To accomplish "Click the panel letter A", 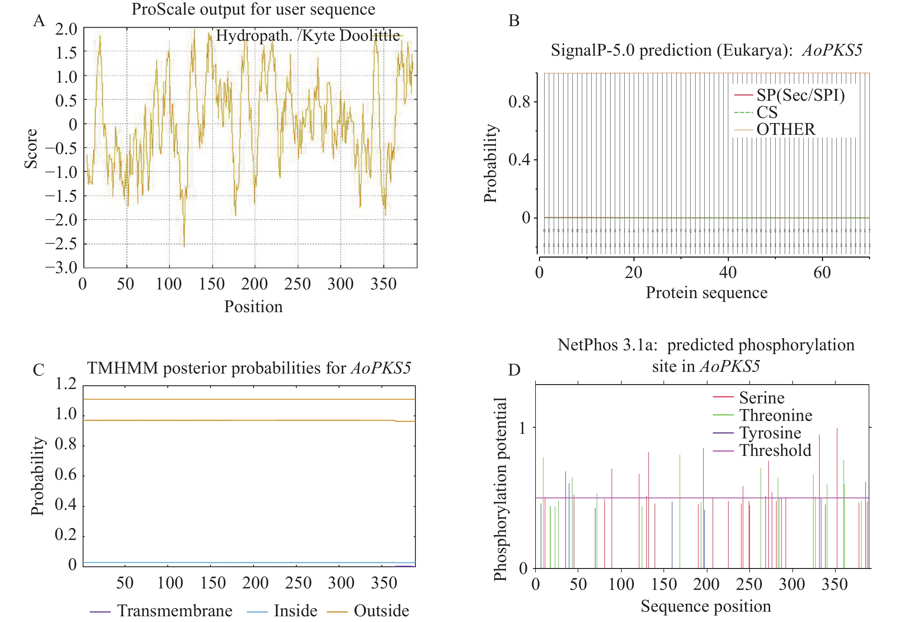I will tap(39, 20).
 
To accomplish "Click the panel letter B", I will tap(514, 21).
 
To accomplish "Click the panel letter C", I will tap(38, 370).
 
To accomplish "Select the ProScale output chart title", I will tap(253, 9).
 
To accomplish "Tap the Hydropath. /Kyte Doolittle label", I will tap(308, 36).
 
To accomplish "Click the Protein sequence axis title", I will tap(706, 293).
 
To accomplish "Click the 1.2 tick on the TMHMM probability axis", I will tap(65, 384).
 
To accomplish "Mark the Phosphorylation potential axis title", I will tap(501, 489).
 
